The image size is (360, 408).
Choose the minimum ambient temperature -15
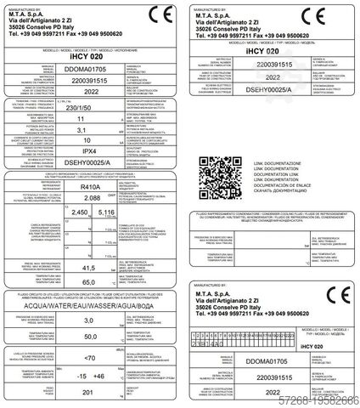73,375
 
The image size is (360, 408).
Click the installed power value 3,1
81,156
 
